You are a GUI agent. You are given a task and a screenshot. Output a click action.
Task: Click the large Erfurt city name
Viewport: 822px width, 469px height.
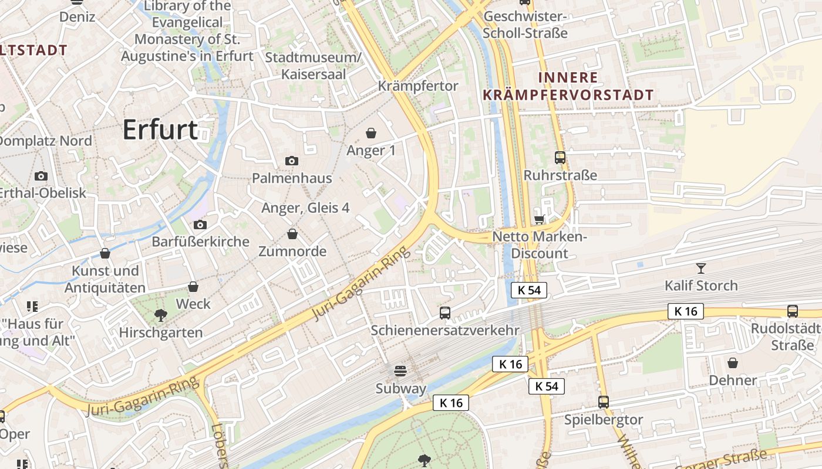click(x=160, y=130)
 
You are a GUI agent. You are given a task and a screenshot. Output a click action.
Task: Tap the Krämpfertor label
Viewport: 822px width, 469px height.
click(x=418, y=86)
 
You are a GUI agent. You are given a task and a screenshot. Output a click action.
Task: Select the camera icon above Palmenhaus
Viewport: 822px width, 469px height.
click(x=292, y=161)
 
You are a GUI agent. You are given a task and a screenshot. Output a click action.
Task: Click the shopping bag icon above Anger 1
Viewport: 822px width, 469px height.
click(x=371, y=133)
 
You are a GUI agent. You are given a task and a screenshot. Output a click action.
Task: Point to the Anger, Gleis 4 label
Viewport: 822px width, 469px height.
click(x=305, y=208)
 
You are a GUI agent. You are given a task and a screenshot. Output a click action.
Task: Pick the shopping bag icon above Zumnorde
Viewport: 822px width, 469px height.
click(x=292, y=234)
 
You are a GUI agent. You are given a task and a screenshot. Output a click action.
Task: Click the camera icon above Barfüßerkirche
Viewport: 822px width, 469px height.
click(x=200, y=225)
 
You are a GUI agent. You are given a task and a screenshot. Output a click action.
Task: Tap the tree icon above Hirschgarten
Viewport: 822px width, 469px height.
click(x=160, y=315)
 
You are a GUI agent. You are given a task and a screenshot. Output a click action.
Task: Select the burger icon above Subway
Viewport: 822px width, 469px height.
click(x=400, y=371)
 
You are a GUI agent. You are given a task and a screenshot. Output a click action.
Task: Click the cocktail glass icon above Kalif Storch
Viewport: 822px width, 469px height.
click(x=701, y=269)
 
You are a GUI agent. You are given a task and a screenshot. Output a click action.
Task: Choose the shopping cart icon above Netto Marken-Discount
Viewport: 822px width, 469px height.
click(x=540, y=220)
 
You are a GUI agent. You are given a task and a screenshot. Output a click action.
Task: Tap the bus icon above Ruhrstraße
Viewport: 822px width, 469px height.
click(x=560, y=158)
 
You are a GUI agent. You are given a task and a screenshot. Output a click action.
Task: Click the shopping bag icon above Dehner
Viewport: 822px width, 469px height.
click(x=733, y=363)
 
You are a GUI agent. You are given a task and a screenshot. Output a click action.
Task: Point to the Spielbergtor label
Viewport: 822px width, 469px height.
click(x=604, y=420)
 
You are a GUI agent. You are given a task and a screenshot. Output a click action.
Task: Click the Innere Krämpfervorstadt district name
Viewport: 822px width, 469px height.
click(x=568, y=86)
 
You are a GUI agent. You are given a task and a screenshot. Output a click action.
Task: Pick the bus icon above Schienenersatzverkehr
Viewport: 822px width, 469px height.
click(x=445, y=313)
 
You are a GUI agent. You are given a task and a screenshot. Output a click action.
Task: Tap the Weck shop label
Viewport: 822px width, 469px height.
click(x=193, y=304)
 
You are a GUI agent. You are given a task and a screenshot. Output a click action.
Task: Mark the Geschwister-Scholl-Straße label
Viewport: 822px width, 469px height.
click(x=526, y=25)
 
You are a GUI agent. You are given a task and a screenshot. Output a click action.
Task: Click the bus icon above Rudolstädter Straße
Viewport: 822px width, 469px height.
click(x=793, y=311)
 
